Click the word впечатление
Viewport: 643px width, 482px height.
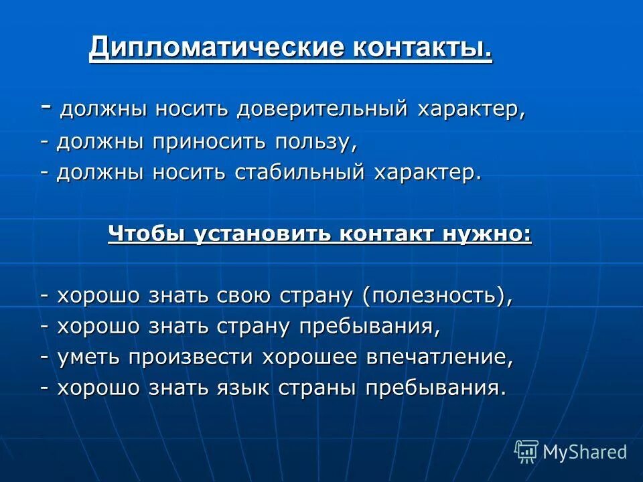tap(439, 357)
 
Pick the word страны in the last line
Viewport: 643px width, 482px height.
tap(322, 388)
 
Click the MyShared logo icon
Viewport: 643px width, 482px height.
tap(526, 452)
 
